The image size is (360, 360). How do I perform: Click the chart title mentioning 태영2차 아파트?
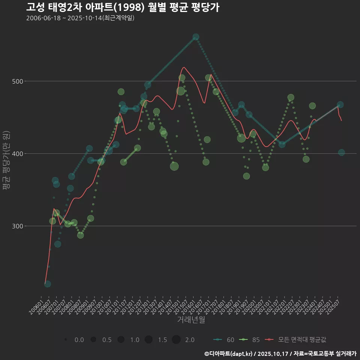tap(123, 7)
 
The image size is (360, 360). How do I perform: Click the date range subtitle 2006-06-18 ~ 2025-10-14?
tap(80, 18)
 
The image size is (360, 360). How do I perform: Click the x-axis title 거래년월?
tap(191, 320)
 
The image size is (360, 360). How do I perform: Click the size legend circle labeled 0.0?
tap(66, 340)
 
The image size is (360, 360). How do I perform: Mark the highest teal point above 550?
tap(196, 37)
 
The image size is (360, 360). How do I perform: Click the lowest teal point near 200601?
tap(48, 284)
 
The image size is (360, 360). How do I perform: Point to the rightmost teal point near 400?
tap(341, 152)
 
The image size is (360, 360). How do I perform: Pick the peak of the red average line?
tap(184, 67)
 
